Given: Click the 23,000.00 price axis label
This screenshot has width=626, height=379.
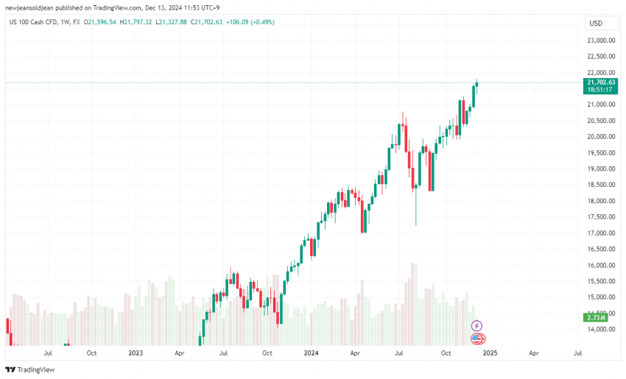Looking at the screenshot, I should click(602, 40).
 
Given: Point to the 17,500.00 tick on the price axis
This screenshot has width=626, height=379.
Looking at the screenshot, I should click(602, 216).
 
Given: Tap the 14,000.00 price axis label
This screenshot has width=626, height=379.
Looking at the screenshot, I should click(602, 329).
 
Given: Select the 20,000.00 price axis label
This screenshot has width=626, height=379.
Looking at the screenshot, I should click(602, 136).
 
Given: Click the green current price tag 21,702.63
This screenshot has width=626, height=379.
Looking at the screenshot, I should click(602, 82).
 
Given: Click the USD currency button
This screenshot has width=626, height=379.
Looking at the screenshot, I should click(596, 24).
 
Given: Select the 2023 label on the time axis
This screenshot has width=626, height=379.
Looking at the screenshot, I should click(136, 353).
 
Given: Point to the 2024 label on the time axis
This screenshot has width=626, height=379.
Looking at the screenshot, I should click(312, 353).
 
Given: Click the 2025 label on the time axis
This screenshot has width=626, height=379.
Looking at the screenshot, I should click(490, 353).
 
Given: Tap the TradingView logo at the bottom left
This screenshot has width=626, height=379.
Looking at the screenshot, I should click(30, 369).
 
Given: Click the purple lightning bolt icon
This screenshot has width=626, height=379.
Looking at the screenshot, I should click(477, 325).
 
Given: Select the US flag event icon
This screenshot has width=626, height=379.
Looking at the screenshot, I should click(477, 339).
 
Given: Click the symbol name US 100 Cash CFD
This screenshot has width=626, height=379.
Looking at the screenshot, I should click(35, 22).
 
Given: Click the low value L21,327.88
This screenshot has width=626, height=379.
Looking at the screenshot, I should click(171, 22).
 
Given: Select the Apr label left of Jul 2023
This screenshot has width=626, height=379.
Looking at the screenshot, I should click(179, 353).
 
